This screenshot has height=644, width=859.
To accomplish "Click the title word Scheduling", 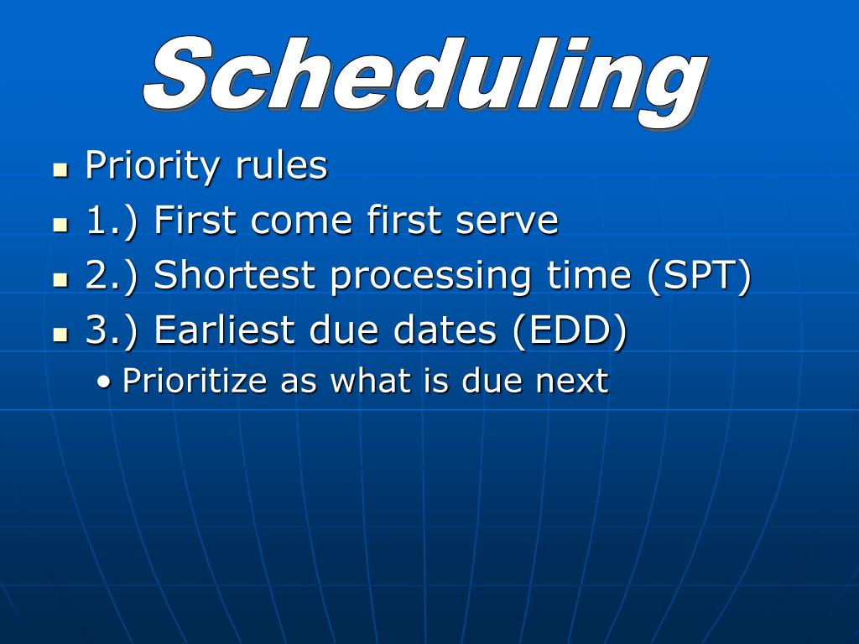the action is point(426,80).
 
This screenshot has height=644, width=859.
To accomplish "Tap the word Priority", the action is point(152,166).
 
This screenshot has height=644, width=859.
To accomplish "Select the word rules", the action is point(281,164).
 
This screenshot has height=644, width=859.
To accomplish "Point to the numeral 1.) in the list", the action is point(112,221).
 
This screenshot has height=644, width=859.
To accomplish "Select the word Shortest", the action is point(234,274).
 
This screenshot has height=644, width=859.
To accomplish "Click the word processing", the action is point(430,278).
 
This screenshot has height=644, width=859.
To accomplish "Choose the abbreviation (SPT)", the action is point(699,275).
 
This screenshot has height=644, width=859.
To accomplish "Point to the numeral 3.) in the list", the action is point(112,331).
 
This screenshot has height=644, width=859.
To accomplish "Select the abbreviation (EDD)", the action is point(570,330).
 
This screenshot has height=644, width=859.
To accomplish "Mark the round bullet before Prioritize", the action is point(103,382).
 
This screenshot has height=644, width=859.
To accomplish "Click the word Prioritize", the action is point(195,381).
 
